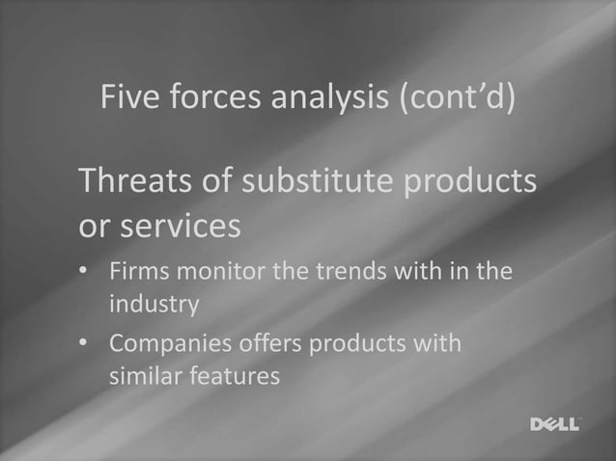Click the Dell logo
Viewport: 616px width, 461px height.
[x=555, y=424]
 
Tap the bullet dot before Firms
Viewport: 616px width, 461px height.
[x=85, y=272]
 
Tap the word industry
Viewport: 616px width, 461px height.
[x=154, y=306]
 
